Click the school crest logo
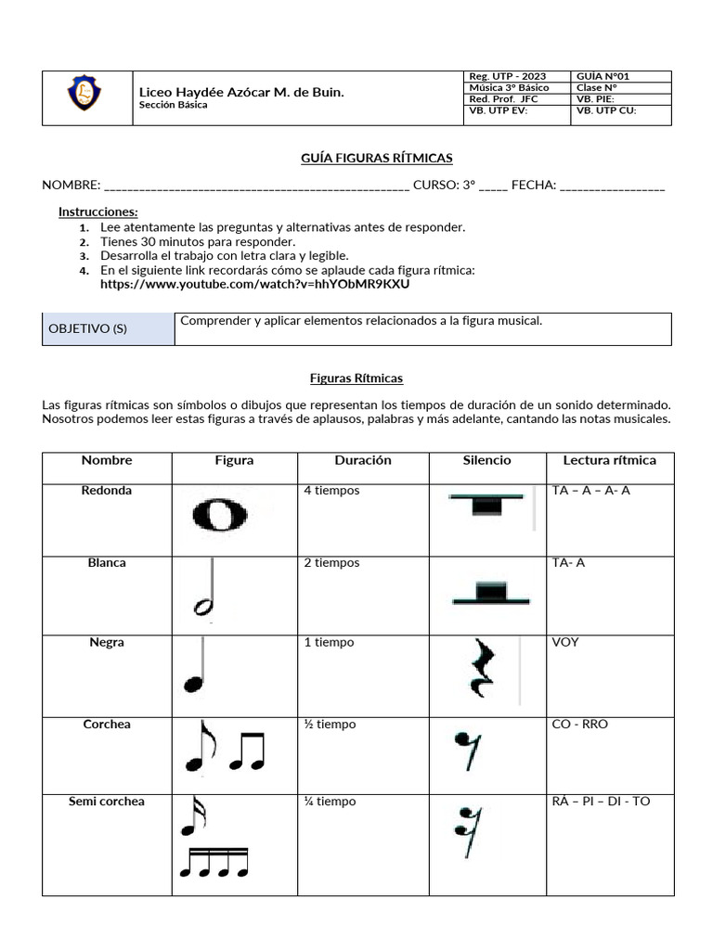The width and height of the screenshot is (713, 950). (85, 95)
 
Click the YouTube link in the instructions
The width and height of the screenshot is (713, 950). (254, 284)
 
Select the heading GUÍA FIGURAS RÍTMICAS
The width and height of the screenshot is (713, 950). (377, 159)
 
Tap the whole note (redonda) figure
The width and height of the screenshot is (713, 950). (220, 513)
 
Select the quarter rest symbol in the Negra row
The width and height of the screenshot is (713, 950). (485, 668)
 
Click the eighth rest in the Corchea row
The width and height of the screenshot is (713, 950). (466, 750)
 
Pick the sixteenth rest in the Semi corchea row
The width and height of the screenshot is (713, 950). (466, 832)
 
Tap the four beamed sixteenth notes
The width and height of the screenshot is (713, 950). (214, 863)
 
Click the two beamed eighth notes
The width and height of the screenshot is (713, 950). (247, 751)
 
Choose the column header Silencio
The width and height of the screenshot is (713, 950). (486, 460)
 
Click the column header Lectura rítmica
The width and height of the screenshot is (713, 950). (609, 460)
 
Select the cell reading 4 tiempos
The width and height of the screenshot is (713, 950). (331, 491)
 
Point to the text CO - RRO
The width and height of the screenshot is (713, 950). (579, 725)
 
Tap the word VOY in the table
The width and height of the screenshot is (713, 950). (564, 642)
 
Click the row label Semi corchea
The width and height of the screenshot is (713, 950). (107, 802)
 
